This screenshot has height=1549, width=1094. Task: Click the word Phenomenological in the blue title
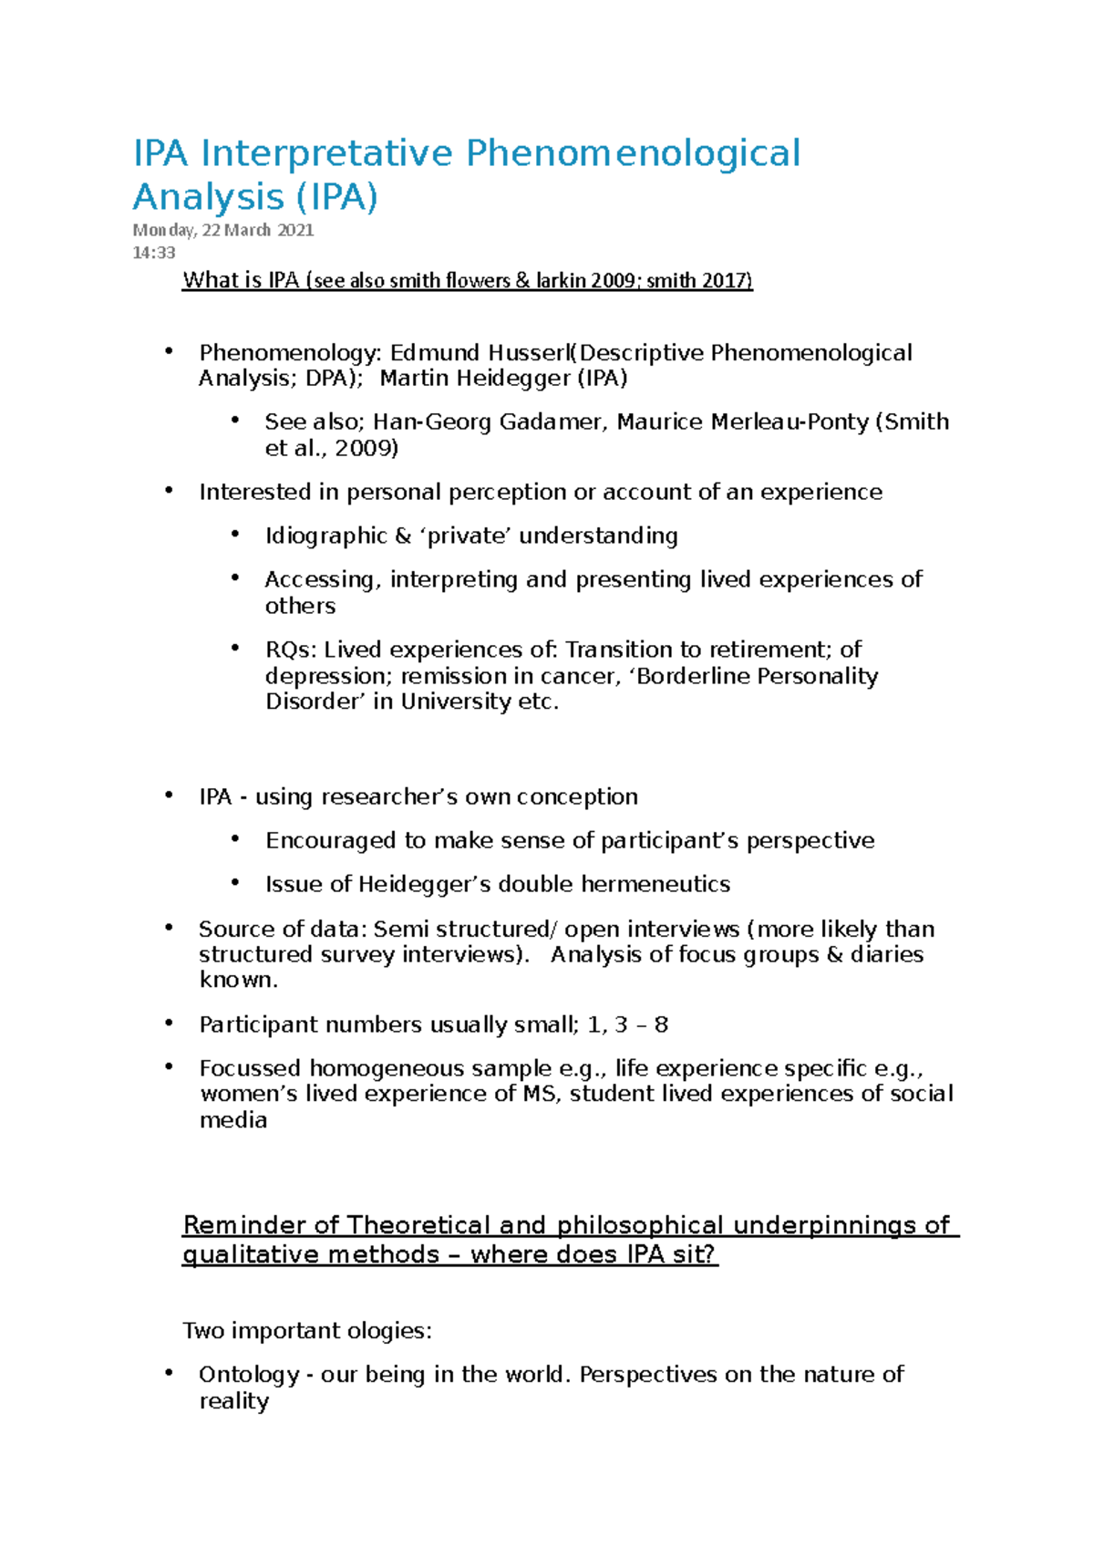coord(633,153)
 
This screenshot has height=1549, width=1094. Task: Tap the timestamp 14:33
coord(154,253)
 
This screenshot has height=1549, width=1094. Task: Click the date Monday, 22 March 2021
coord(223,230)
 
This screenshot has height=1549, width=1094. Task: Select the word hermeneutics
coord(655,884)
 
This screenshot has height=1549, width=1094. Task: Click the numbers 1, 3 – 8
coord(627,1024)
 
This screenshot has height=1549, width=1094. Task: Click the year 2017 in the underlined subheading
coord(726,280)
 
